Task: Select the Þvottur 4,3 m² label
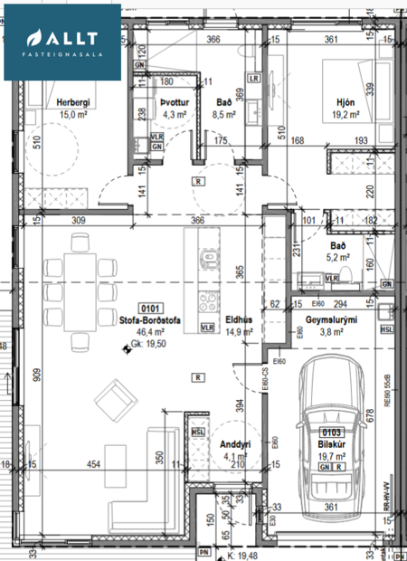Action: click(x=173, y=109)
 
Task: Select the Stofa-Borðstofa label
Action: click(x=147, y=320)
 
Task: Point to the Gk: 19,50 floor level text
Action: click(x=149, y=345)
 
